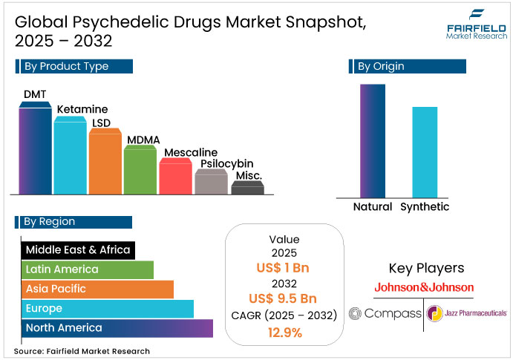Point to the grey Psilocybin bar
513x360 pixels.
pyautogui.click(x=211, y=182)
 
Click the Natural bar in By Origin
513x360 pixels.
pyautogui.click(x=372, y=141)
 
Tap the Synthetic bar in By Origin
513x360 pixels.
pyautogui.click(x=425, y=152)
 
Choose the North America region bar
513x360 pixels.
pyautogui.click(x=117, y=328)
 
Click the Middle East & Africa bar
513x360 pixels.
pyautogui.click(x=77, y=249)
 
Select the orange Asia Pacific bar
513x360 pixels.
pyautogui.click(x=97, y=289)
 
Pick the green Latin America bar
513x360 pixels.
pyautogui.click(x=87, y=269)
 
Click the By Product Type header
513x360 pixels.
pyautogui.click(x=73, y=67)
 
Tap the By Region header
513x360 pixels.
pyautogui.click(x=73, y=222)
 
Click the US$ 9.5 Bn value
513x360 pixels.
pyautogui.click(x=284, y=299)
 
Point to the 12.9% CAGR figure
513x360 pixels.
pyautogui.click(x=284, y=333)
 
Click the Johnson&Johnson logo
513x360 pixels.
pyautogui.click(x=424, y=287)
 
